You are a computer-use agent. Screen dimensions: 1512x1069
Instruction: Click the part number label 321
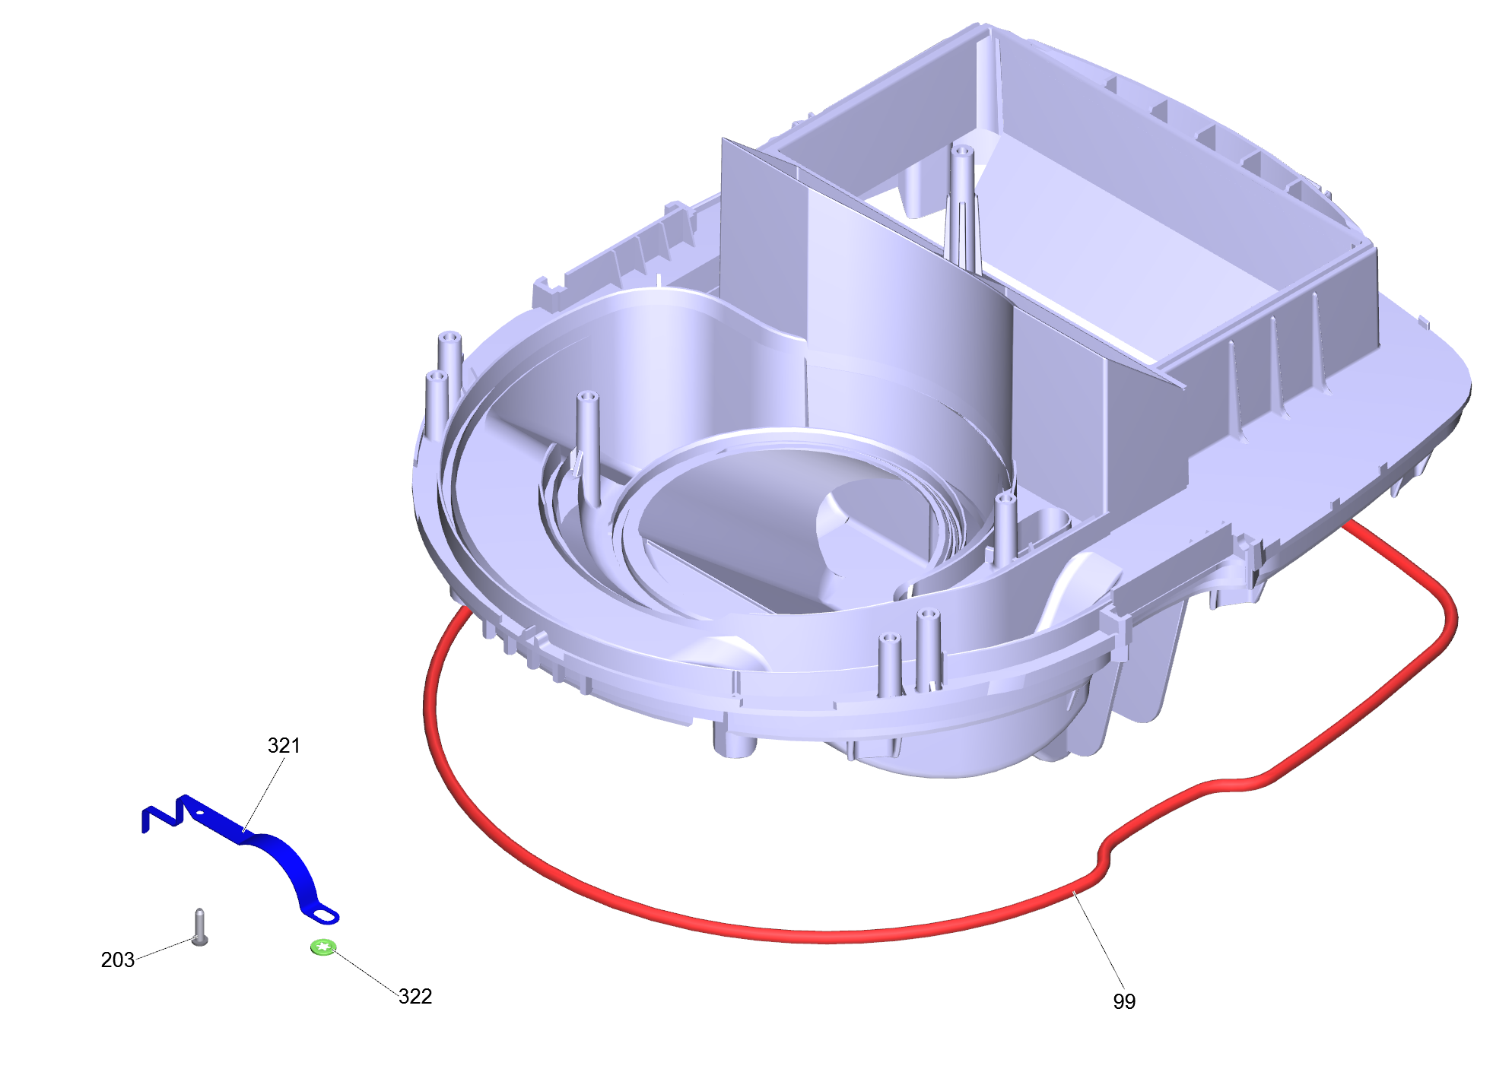284,745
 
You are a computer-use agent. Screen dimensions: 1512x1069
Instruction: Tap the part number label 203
118,960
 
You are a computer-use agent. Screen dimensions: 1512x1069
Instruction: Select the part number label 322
415,996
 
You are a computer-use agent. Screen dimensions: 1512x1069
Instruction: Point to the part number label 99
1124,1001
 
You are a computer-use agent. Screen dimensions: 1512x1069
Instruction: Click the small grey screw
200,927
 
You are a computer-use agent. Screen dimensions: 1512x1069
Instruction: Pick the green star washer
324,947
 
